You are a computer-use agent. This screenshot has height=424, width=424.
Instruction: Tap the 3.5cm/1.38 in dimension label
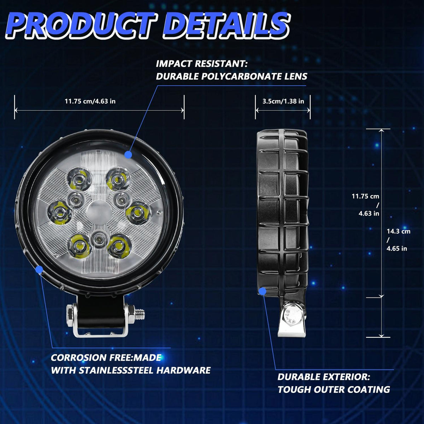point(283,101)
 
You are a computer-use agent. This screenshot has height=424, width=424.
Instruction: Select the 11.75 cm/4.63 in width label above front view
point(90,101)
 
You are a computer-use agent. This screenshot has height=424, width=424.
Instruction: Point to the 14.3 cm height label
point(399,231)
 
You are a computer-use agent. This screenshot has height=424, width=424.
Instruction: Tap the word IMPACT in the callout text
point(172,64)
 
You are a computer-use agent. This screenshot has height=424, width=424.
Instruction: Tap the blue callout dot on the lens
point(128,154)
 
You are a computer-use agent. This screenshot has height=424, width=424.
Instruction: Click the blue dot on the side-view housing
point(262,291)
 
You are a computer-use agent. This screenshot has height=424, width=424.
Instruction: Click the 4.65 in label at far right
point(397,248)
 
